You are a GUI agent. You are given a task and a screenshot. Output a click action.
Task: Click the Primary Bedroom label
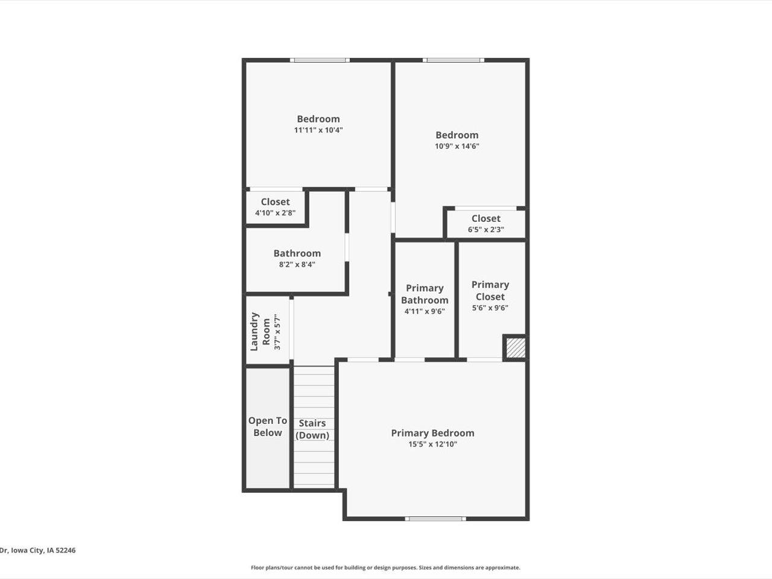pyautogui.click(x=432, y=433)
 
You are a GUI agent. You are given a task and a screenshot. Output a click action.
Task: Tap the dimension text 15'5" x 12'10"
pyautogui.click(x=432, y=445)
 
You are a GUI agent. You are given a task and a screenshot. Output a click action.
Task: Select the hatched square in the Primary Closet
pyautogui.click(x=515, y=348)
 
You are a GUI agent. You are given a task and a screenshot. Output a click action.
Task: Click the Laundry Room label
pyautogui.click(x=261, y=331)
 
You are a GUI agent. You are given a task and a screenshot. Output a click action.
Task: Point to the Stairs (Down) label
pyautogui.click(x=312, y=429)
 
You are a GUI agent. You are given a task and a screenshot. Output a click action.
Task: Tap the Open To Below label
pyautogui.click(x=268, y=426)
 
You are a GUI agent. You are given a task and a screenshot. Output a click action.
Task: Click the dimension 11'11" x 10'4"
pyautogui.click(x=318, y=130)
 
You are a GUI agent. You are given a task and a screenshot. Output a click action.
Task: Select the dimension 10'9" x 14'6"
pyautogui.click(x=457, y=146)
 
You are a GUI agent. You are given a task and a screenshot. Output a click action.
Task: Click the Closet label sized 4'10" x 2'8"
pyautogui.click(x=275, y=202)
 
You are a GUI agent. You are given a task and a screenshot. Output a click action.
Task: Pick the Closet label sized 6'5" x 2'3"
pyautogui.click(x=486, y=218)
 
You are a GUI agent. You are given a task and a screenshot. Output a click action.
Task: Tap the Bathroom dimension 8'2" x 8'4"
pyautogui.click(x=297, y=264)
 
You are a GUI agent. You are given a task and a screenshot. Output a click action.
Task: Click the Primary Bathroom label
pyautogui.click(x=425, y=294)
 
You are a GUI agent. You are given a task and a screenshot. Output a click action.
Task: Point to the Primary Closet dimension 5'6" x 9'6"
pyautogui.click(x=490, y=308)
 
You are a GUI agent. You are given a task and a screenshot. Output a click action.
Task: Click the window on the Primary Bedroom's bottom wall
pyautogui.click(x=435, y=519)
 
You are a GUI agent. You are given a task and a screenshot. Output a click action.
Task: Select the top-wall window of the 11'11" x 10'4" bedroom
pyautogui.click(x=319, y=60)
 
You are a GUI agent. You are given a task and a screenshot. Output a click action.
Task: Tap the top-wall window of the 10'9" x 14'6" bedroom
pyautogui.click(x=453, y=60)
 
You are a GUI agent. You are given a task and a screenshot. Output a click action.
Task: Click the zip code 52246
pyautogui.click(x=65, y=550)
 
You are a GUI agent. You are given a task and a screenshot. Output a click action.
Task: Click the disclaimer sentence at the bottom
pyautogui.click(x=385, y=568)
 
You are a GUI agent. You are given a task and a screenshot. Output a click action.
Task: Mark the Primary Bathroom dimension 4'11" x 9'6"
pyautogui.click(x=424, y=311)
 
